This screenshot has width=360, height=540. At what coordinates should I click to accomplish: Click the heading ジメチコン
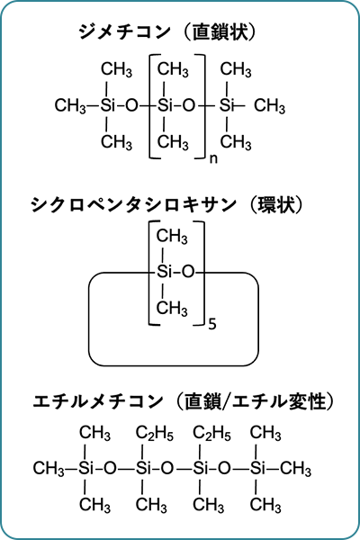[125, 32]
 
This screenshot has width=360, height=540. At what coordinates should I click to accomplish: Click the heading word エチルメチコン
[98, 401]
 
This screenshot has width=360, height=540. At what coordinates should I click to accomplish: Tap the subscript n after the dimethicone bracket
[213, 159]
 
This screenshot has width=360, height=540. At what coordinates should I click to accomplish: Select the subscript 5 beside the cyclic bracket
[212, 324]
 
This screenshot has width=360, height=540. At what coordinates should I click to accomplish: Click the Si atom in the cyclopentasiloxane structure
[165, 272]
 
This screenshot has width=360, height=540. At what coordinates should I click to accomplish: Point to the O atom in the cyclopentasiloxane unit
[188, 272]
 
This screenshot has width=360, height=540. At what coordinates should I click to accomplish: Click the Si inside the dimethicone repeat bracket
[165, 105]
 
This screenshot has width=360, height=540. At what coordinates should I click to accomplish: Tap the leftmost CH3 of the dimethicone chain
[70, 105]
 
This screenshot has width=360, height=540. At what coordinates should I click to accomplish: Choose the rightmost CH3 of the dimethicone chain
[269, 105]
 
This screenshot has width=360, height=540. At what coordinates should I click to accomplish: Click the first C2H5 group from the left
[154, 433]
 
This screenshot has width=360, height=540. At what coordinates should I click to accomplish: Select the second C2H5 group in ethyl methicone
[211, 433]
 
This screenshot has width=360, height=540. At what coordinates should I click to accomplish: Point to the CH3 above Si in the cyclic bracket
[172, 237]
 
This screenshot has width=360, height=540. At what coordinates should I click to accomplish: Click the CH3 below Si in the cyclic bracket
[172, 308]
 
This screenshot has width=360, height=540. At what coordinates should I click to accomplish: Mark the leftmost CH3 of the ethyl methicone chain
[49, 468]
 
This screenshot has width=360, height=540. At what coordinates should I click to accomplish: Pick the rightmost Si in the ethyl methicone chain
[257, 468]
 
